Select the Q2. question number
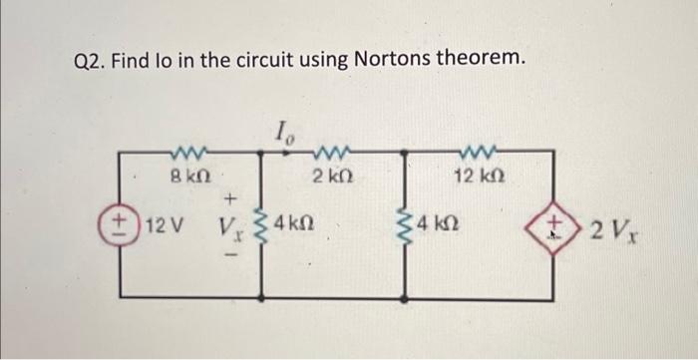coord(91,62)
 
